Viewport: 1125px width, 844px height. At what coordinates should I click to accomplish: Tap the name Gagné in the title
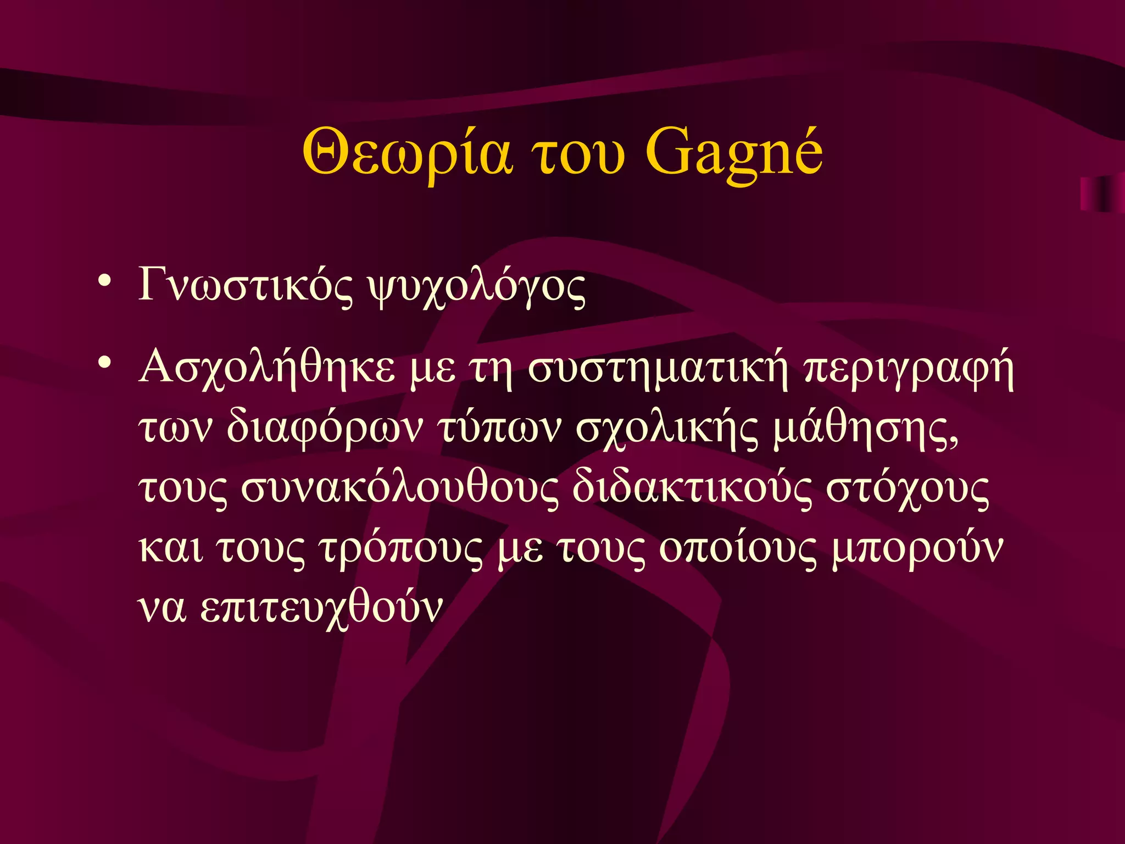(x=733, y=152)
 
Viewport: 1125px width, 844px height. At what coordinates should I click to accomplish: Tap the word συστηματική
(x=658, y=368)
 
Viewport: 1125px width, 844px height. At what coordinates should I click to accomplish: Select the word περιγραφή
(x=909, y=369)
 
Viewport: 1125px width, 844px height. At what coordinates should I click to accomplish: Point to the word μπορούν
(x=917, y=548)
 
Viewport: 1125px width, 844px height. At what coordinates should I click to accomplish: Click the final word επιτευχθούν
(x=321, y=608)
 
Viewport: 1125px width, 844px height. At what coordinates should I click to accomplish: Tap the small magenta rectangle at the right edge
(x=1102, y=194)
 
